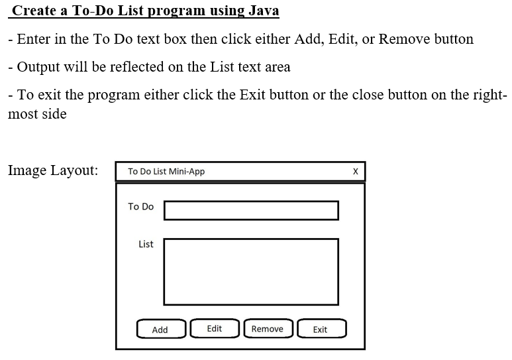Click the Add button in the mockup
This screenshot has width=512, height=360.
pos(160,330)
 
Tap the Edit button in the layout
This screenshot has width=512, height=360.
pos(215,329)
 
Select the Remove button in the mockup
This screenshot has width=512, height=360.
pos(267,329)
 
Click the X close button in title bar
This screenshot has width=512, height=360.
pos(355,172)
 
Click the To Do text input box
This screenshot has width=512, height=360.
pos(251,210)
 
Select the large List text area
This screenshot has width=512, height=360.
pos(251,271)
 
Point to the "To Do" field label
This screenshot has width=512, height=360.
pos(140,207)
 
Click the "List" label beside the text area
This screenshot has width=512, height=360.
pos(146,244)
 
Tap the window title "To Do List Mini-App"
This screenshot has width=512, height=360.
pos(166,172)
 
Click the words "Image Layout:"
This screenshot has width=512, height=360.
pos(53,170)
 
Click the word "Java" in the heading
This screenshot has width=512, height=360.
pos(263,11)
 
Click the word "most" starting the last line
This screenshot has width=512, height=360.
pos(23,114)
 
